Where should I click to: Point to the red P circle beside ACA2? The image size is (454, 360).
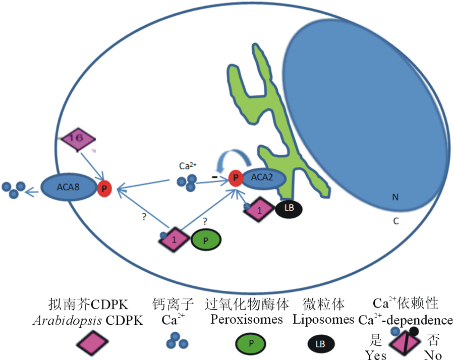pos(235,177)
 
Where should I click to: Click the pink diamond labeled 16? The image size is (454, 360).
pos(78,138)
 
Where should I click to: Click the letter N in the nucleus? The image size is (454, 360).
pos(395,197)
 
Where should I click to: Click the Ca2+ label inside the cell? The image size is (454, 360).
pos(188,165)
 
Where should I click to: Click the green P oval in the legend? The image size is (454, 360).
pos(251,344)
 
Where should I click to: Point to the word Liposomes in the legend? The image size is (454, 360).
pos(323,319)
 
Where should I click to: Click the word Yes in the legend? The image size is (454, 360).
pos(376,355)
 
